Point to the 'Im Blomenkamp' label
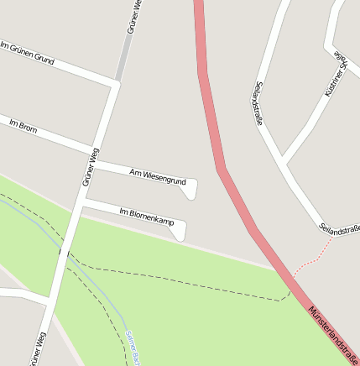click(146, 216)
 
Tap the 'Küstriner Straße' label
click(342, 63)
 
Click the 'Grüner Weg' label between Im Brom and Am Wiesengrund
click(91, 166)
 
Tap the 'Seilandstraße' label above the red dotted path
click(340, 227)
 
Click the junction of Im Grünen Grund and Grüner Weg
click(115, 83)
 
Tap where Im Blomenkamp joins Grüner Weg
click(83, 202)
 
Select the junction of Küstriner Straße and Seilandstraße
click(283, 160)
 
